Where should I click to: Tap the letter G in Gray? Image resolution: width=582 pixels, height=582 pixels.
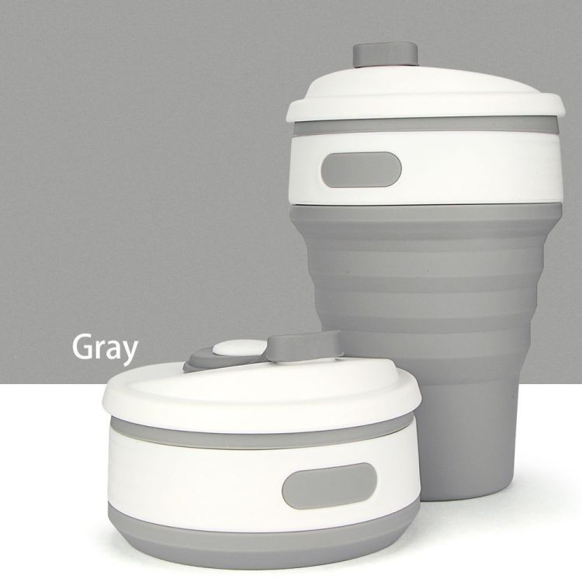pyautogui.click(x=82, y=347)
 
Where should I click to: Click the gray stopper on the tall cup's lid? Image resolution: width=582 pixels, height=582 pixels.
pyautogui.click(x=385, y=55)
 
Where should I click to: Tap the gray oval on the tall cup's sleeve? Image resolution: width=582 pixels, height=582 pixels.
pyautogui.click(x=361, y=170)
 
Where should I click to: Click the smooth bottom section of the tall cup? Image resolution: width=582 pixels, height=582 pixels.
pyautogui.click(x=468, y=435)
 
